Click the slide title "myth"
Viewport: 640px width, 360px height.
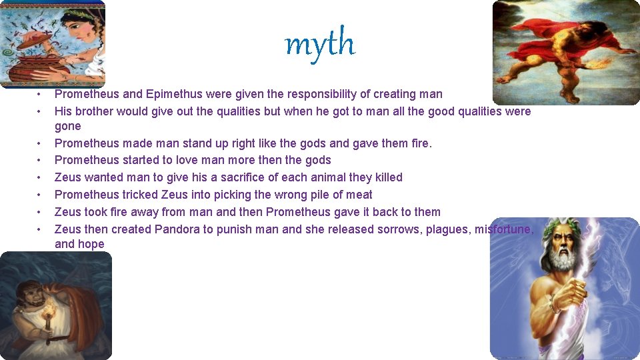(x=320, y=44)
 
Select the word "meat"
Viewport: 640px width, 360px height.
(x=359, y=195)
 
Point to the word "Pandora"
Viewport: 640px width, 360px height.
(x=177, y=229)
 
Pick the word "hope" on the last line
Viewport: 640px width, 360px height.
(x=92, y=244)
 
